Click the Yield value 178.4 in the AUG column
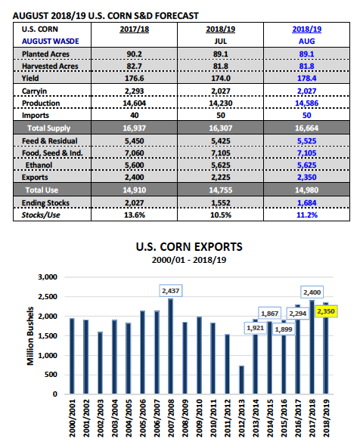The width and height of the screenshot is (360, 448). pos(306,79)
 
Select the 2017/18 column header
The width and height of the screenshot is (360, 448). pos(135,29)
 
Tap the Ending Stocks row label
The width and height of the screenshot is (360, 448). pos(45,203)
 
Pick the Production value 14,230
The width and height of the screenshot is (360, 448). pos(220,104)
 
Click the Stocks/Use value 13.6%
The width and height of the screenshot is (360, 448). pos(135,215)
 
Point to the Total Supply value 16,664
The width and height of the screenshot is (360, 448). pos(306,128)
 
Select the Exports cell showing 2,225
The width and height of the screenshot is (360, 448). pos(220,177)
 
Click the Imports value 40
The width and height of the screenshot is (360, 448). pos(135,115)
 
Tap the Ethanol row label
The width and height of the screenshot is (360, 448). pos(39,165)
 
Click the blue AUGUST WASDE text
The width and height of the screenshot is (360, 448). pos(51,41)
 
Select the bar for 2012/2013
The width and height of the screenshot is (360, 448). pos(241,380)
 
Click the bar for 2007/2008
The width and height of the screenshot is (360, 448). pos(170,346)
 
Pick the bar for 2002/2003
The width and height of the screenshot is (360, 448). pos(100,363)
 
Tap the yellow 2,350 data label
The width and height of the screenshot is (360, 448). pos(326,311)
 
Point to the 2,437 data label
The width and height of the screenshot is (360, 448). pos(171,291)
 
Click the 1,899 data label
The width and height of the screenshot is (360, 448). pos(284,329)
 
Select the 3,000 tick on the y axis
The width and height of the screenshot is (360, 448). pos(48,277)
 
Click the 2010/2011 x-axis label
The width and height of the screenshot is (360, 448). pos(213,419)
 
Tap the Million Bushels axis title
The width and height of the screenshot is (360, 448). pos(30,336)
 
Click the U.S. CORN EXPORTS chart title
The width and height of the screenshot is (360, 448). pos(189,247)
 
